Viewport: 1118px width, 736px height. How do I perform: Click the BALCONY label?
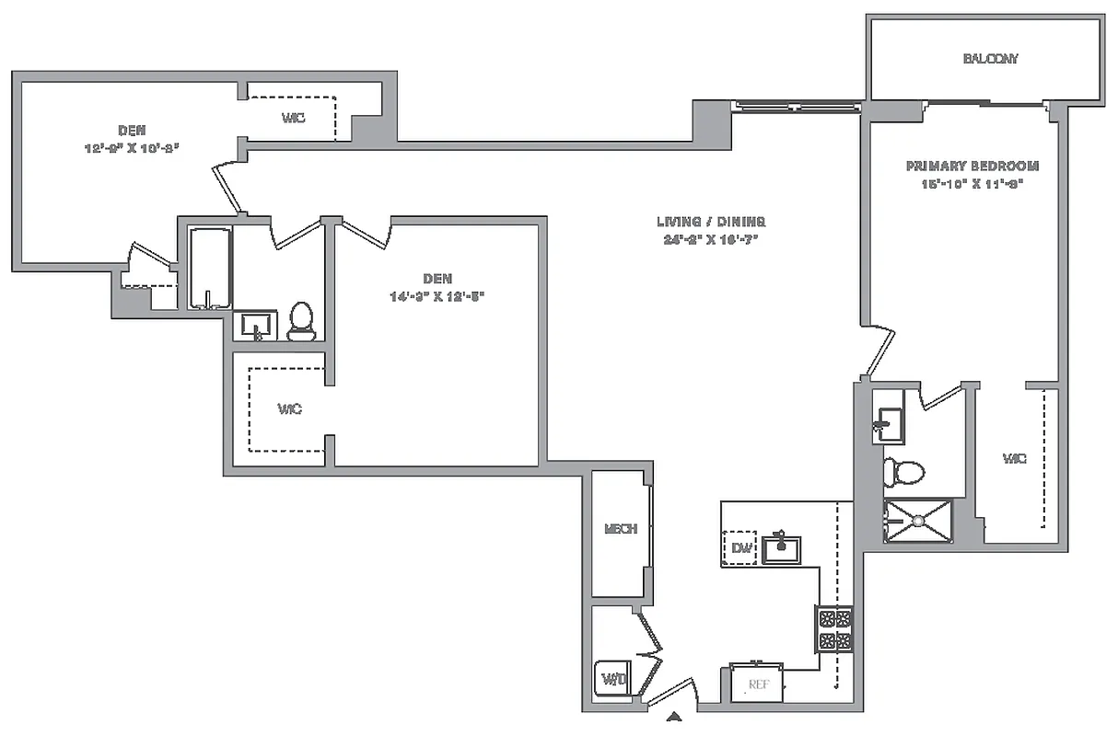coord(990,59)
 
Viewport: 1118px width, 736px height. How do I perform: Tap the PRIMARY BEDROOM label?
coord(972,167)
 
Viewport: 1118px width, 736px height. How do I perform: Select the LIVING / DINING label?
coord(711,222)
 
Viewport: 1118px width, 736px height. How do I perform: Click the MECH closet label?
coord(620,529)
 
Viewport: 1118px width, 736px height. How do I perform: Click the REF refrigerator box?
coord(758,684)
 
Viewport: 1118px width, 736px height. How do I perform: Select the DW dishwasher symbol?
coord(741,548)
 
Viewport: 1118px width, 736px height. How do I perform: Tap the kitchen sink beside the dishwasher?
coord(781,548)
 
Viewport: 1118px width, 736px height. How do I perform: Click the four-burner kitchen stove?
coord(834,629)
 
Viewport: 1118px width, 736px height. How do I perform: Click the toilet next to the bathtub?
coord(301,321)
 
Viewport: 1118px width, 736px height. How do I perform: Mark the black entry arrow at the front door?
coord(674,717)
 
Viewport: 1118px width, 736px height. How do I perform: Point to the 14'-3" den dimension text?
coord(436,296)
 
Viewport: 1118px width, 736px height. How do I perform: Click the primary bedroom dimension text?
coord(972,183)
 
